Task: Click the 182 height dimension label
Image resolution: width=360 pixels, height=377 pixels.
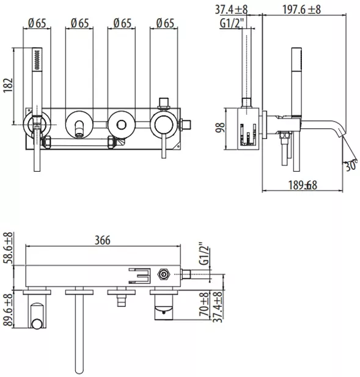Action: click(8, 85)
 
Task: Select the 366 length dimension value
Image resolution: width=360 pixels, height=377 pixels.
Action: click(103, 240)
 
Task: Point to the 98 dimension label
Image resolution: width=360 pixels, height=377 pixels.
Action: click(220, 128)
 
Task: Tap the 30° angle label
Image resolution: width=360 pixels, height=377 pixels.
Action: click(351, 166)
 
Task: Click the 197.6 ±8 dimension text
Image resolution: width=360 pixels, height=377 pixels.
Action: click(301, 10)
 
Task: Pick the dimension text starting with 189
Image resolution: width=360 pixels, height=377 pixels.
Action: click(303, 185)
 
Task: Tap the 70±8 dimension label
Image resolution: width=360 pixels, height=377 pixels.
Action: click(204, 305)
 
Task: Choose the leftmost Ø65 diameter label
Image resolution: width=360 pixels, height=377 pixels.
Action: click(37, 23)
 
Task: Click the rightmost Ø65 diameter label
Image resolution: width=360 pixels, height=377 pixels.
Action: click(165, 23)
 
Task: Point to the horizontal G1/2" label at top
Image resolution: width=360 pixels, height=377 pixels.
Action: click(232, 23)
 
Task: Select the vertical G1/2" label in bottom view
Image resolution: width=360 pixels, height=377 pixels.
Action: click(205, 254)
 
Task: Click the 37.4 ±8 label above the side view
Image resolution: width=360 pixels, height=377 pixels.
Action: click(231, 10)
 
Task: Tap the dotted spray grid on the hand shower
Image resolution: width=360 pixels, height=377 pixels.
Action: click(37, 59)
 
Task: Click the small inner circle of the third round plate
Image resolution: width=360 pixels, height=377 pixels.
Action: click(122, 125)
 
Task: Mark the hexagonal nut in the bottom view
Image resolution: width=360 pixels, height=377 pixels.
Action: click(164, 274)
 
